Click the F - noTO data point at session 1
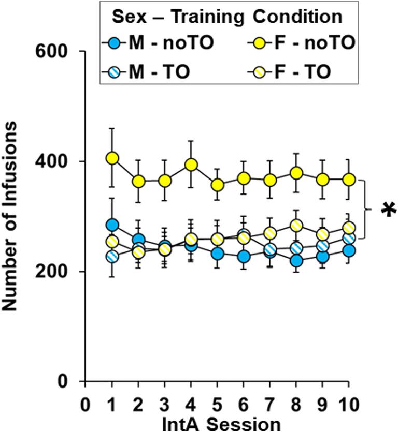[x=112, y=158]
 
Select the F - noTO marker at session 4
[x=191, y=165]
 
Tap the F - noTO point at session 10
[x=348, y=179]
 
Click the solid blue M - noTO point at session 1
[x=112, y=225]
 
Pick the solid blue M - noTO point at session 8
[x=296, y=261]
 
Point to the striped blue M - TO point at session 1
[x=112, y=256]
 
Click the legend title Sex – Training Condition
[x=227, y=17]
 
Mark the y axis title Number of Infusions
[x=11, y=216]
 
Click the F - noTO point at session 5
[x=217, y=185]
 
